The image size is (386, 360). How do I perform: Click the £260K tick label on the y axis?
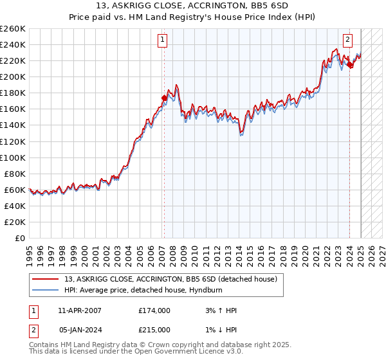[x=13, y=29]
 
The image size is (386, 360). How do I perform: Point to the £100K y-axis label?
[x=13, y=157]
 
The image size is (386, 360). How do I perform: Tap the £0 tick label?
[x=21, y=238]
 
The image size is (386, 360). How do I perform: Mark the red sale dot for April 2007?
[x=164, y=98]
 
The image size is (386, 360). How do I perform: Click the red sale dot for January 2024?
[x=349, y=65]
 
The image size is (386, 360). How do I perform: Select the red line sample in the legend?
[x=45, y=279]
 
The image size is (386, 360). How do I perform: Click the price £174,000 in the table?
[x=154, y=310]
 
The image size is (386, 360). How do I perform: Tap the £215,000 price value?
[x=154, y=329]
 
